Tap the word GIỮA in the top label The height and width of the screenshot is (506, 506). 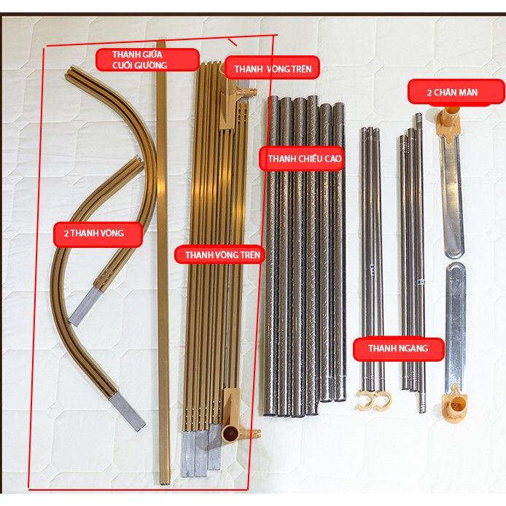click(x=152, y=55)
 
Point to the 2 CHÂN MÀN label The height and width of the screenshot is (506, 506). click(x=456, y=93)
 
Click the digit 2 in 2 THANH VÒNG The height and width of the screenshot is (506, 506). click(x=66, y=233)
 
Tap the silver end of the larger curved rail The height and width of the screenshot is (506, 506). click(x=127, y=413)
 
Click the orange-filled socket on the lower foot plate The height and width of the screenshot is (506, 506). click(x=455, y=404)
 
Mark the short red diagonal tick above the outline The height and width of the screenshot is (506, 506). click(x=233, y=42)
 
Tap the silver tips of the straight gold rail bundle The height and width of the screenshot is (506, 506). click(x=201, y=450)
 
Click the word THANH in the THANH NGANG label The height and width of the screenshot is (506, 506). click(x=380, y=349)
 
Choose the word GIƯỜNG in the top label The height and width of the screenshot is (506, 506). click(x=151, y=65)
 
